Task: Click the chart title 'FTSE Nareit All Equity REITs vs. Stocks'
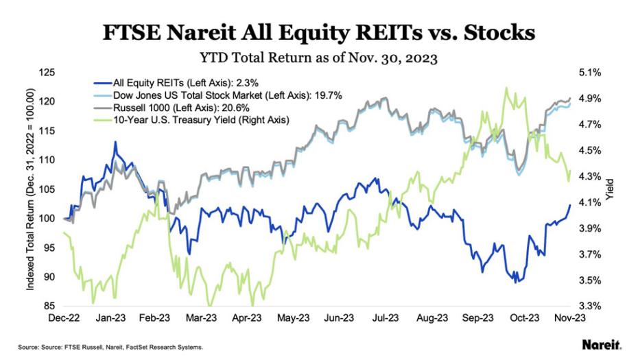(319, 32)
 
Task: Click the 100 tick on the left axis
(48, 219)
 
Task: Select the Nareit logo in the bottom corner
(602, 344)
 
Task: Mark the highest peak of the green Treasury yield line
(506, 88)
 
